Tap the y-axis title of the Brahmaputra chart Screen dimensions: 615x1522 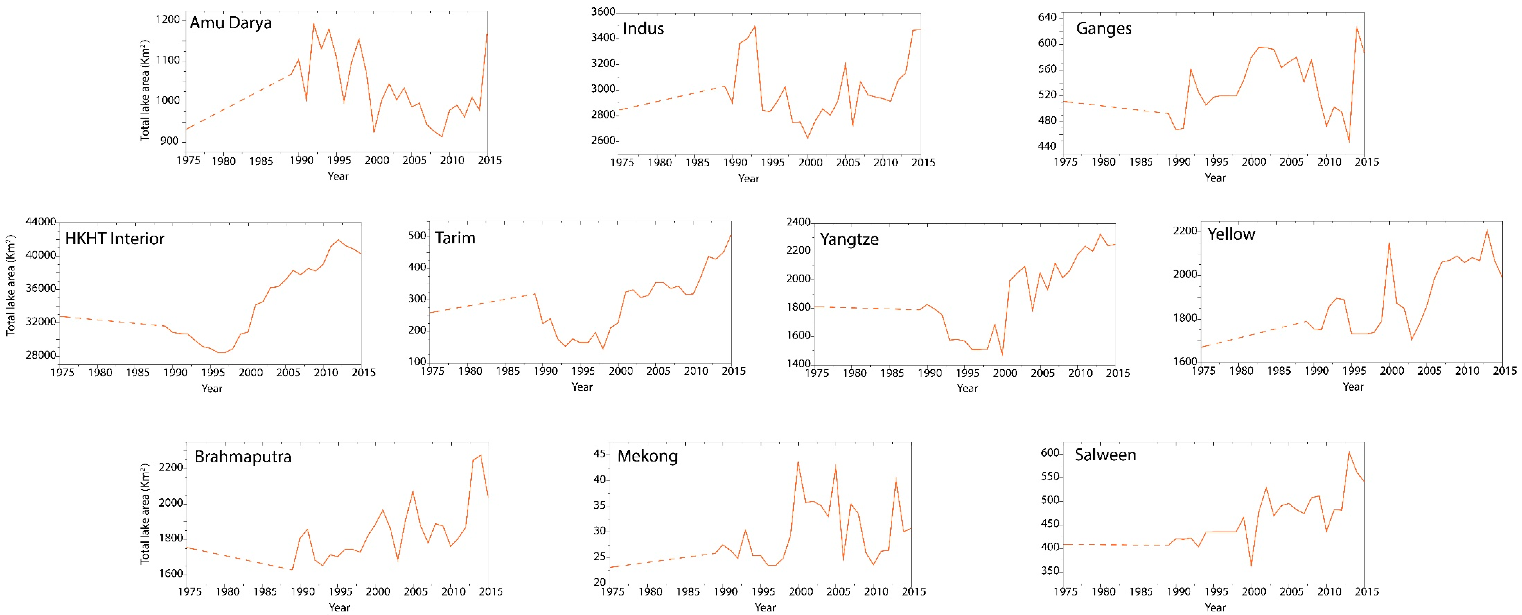pyautogui.click(x=145, y=513)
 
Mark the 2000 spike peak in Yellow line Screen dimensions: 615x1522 pyautogui.click(x=1389, y=243)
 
